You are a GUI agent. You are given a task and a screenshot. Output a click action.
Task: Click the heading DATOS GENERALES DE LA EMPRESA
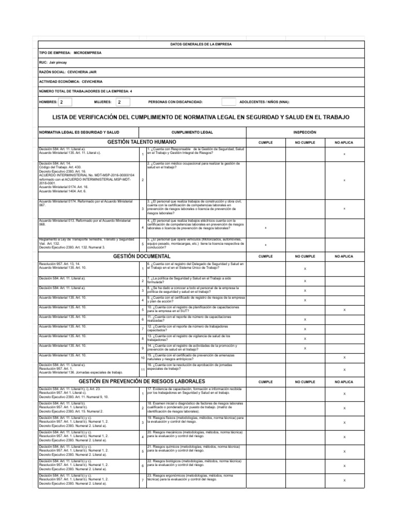pos(201,44)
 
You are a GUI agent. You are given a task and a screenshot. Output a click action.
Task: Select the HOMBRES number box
pos(66,102)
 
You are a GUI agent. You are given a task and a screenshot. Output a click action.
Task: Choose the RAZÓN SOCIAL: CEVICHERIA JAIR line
pos(68,72)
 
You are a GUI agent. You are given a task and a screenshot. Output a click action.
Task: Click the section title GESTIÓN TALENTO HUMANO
pos(141,142)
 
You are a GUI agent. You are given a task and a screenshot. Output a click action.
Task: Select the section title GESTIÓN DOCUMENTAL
pos(141,256)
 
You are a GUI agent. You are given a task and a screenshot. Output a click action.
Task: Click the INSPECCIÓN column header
pos(304,132)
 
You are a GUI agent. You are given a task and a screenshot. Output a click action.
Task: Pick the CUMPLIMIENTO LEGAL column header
pos(193,132)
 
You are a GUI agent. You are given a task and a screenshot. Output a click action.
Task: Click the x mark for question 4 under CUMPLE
pos(265,227)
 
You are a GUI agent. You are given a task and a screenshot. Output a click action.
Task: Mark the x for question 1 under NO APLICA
pos(344,154)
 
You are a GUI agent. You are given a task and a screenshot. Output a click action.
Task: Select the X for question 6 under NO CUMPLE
pos(304,269)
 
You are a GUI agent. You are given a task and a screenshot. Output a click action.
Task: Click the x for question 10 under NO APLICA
pos(344,309)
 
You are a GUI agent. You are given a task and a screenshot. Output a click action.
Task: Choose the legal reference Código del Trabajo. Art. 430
pos(60,167)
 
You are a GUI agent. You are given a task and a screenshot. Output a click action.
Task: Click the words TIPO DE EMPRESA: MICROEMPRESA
pos(70,53)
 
